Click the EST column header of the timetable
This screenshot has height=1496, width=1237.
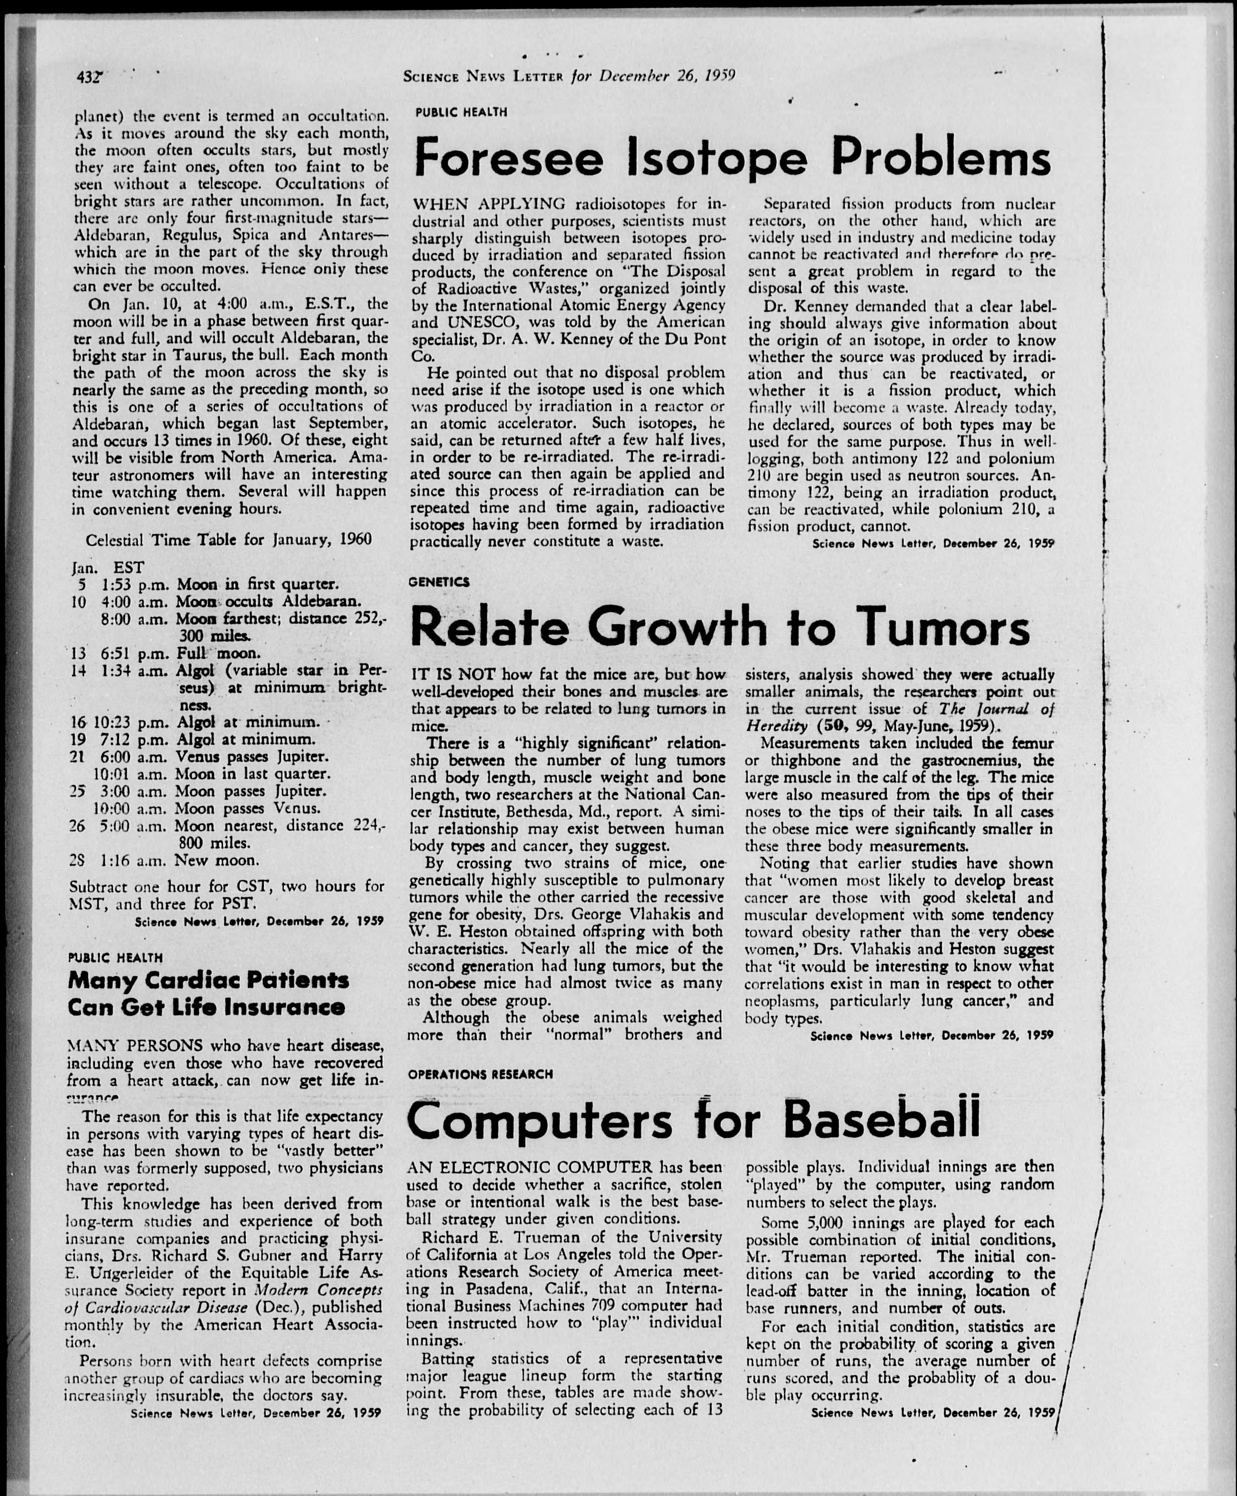128,568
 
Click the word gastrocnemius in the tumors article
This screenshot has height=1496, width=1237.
980,760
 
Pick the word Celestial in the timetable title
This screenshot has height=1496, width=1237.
116,539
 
